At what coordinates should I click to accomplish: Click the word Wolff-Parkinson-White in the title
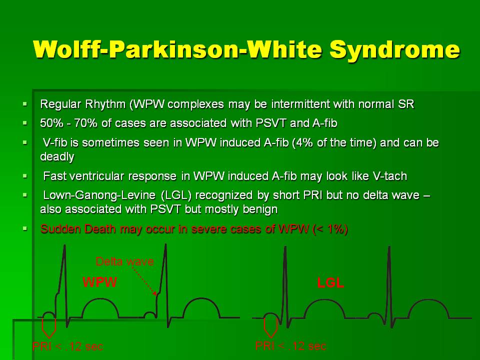coord(177,49)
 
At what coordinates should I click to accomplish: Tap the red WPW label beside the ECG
coord(100,282)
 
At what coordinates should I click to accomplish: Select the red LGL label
coord(330,282)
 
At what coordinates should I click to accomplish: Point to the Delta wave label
coord(124,261)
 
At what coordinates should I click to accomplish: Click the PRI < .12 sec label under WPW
coord(67,346)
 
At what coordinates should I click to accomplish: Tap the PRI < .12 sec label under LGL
coord(290,346)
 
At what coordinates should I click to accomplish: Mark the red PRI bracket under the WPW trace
coord(48,328)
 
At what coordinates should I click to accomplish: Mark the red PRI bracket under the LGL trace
coord(270,327)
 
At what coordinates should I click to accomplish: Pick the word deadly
coord(57,156)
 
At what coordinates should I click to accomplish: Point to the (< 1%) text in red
coord(330,229)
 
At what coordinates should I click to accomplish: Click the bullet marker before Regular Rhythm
coord(25,104)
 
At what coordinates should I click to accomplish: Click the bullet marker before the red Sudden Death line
coord(25,228)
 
